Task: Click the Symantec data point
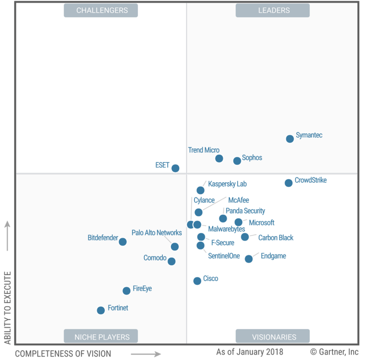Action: pos(290,138)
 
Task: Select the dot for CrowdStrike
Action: pos(288,183)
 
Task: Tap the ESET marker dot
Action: pos(175,168)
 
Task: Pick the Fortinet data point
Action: pos(101,310)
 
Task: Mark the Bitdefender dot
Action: pos(123,242)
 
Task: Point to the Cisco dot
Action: pos(197,281)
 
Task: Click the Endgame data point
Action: pos(249,259)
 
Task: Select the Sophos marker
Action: pos(237,161)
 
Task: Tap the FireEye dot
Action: pos(127,291)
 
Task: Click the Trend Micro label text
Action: pos(204,150)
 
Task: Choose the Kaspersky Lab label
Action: pos(227,184)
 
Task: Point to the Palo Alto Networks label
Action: pos(156,233)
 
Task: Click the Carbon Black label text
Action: pos(276,237)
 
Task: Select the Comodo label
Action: pos(155,258)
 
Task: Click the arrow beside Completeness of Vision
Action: pos(146,354)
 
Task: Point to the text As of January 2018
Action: pos(250,352)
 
